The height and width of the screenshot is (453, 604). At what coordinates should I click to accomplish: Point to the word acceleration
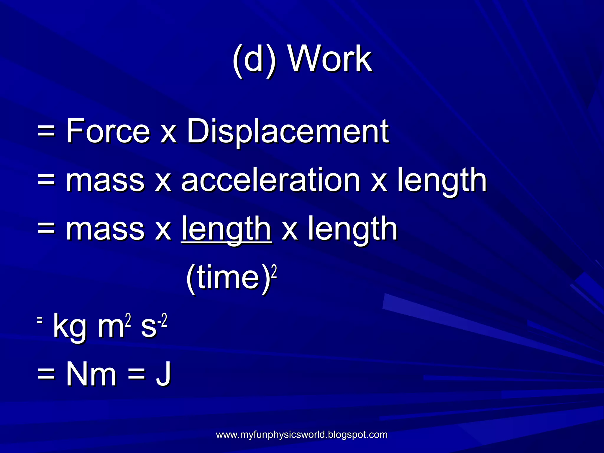click(270, 180)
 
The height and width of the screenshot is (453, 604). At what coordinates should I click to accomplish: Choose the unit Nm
click(91, 375)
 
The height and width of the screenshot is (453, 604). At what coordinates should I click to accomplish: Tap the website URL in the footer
click(302, 435)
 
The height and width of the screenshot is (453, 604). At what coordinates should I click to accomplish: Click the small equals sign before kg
click(40, 320)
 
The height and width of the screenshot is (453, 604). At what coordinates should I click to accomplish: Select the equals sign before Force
click(46, 132)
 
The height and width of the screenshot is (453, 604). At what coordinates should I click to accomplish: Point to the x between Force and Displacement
click(168, 134)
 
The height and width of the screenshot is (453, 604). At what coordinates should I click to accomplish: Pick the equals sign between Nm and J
click(137, 375)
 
